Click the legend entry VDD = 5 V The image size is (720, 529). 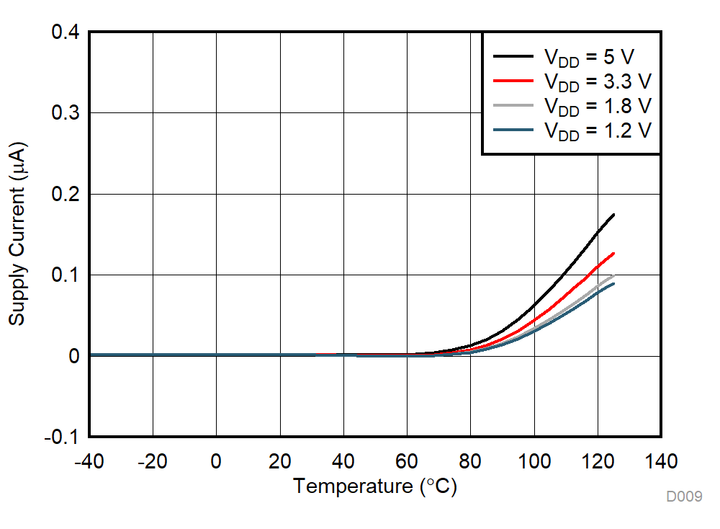(589, 57)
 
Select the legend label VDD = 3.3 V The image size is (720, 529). (597, 81)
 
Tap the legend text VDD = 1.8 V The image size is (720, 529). (597, 106)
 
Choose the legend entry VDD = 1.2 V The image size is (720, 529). (597, 130)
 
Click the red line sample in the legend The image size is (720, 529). (513, 80)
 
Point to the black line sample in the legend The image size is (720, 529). (513, 55)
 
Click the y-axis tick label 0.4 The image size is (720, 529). (65, 32)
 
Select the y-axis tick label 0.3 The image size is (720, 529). (65, 113)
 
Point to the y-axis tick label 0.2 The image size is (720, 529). (65, 195)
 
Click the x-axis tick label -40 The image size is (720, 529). (89, 461)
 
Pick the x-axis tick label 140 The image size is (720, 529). (660, 461)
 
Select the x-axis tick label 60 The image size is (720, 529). (407, 461)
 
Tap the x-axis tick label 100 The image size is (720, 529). (534, 461)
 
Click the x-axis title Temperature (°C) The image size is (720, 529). (374, 487)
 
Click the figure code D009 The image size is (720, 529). (683, 497)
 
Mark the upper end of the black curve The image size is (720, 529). (613, 215)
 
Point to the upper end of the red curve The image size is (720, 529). (613, 253)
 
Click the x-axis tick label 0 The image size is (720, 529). (216, 461)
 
